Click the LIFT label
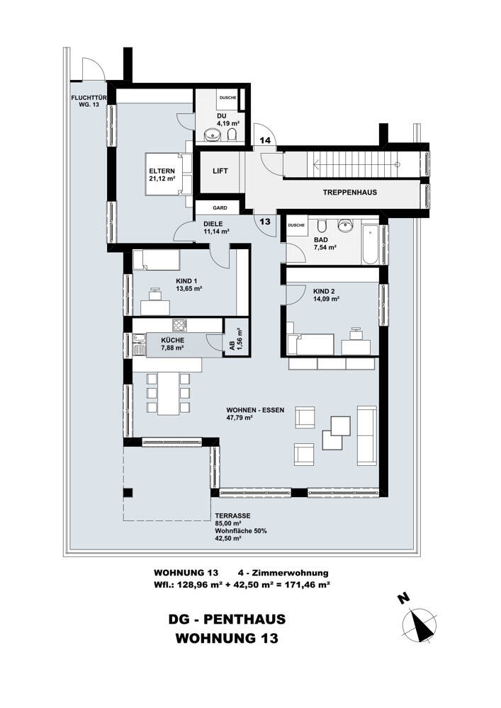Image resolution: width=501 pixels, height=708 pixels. [220, 171]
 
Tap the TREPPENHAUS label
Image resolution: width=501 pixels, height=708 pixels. [349, 193]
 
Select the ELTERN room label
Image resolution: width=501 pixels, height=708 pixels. [162, 171]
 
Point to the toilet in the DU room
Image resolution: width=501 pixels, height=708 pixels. [232, 135]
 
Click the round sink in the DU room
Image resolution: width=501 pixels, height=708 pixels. [211, 135]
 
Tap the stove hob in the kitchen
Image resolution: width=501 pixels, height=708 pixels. [179, 325]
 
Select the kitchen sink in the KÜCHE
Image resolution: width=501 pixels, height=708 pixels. [139, 345]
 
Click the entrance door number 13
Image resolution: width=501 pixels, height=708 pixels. [265, 222]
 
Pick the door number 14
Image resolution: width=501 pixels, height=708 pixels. [265, 140]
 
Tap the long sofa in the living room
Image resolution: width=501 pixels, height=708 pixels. [367, 435]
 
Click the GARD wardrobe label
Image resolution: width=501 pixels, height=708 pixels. [220, 207]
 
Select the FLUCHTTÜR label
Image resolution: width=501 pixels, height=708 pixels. [88, 98]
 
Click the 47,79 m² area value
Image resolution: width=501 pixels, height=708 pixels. [240, 418]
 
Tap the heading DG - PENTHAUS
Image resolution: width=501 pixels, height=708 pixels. [227, 619]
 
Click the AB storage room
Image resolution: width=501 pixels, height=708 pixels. [237, 338]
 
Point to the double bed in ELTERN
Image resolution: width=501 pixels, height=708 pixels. [165, 174]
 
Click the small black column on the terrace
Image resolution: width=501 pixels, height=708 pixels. [128, 493]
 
